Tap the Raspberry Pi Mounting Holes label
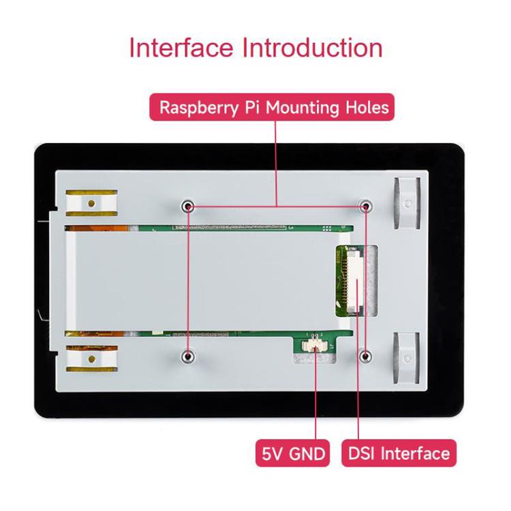click(x=273, y=108)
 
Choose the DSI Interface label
click(x=399, y=453)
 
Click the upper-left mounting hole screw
click(x=188, y=206)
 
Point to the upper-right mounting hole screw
click(x=366, y=206)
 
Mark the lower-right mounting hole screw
click(x=366, y=356)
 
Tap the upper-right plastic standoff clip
click(x=407, y=202)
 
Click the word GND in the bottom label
click(x=307, y=453)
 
